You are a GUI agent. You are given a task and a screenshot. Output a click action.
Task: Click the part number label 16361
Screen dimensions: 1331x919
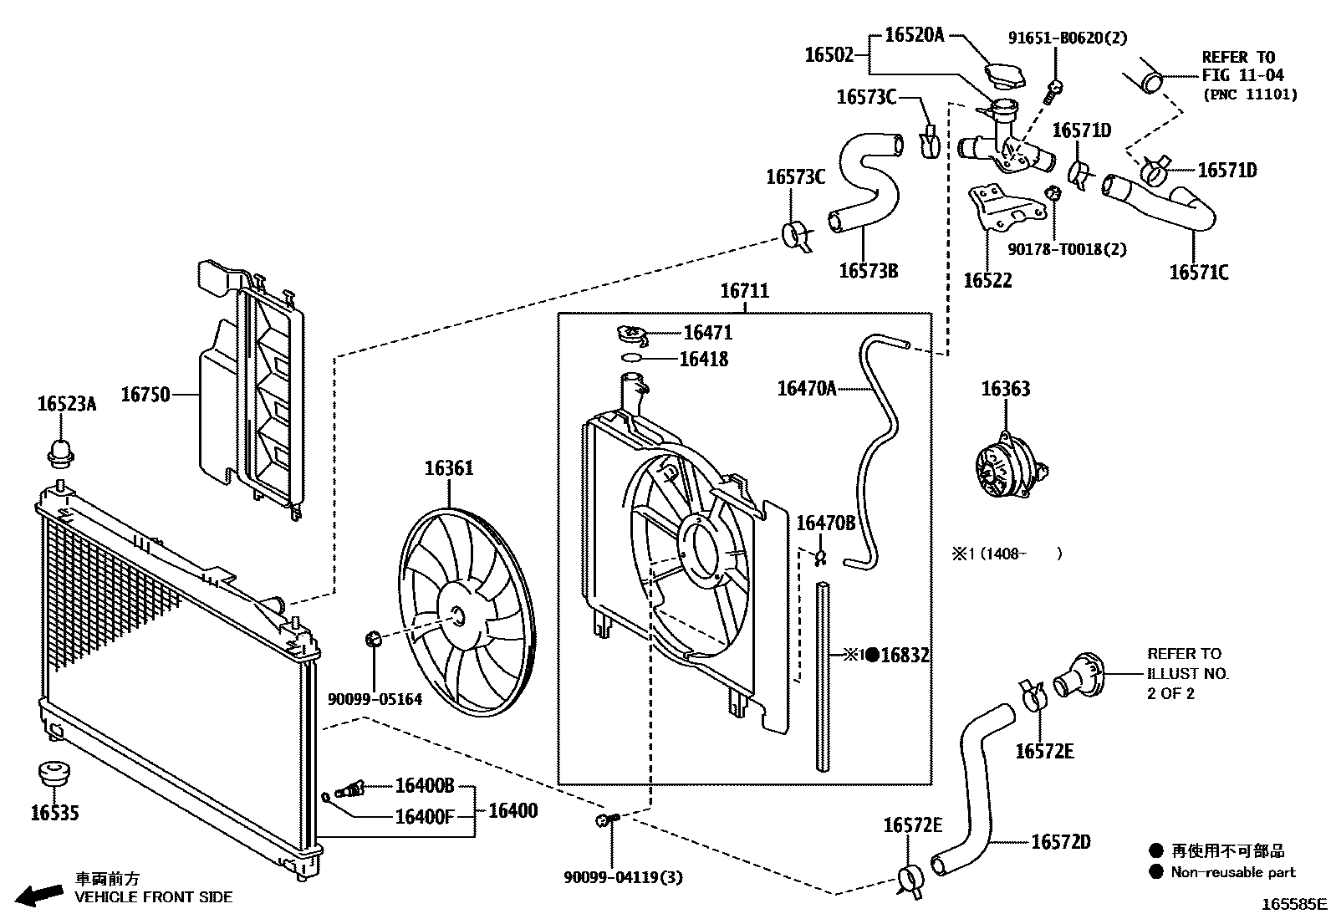coord(449,468)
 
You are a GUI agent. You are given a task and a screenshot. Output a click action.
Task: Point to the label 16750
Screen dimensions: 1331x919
coord(145,395)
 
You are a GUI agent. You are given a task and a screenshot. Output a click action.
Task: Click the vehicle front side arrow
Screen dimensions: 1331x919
coord(39,895)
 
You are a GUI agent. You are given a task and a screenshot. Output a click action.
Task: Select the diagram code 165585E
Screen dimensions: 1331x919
coord(1294,904)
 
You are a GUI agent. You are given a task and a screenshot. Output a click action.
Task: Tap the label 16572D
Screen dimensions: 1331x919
coord(1061,842)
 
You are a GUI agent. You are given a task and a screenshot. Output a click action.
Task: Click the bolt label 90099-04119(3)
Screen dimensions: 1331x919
coord(623,877)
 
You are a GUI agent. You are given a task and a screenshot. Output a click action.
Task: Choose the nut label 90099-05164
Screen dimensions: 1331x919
coord(375,700)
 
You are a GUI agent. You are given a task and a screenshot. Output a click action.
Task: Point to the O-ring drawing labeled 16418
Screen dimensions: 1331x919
coord(631,358)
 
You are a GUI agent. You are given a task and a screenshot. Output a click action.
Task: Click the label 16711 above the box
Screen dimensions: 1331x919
coord(745,291)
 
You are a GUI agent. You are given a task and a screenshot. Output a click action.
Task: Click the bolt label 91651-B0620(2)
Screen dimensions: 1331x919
coord(1067,38)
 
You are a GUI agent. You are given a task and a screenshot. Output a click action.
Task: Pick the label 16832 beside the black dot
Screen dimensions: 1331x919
coord(905,655)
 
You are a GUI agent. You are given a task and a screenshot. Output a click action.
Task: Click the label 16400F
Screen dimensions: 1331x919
coord(424,817)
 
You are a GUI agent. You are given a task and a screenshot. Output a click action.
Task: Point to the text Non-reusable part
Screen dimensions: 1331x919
coord(1232,872)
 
